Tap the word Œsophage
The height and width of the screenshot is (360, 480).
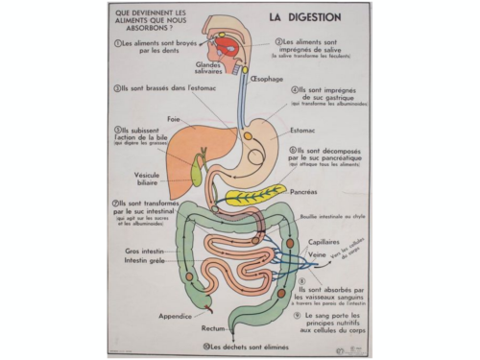coord(269,80)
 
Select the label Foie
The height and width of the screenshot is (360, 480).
coord(174,119)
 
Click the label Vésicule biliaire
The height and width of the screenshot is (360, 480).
coord(149,180)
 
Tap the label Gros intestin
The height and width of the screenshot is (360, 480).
coord(146,252)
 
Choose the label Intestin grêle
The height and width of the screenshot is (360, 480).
coord(146,261)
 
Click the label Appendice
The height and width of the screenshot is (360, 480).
coord(180,313)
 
